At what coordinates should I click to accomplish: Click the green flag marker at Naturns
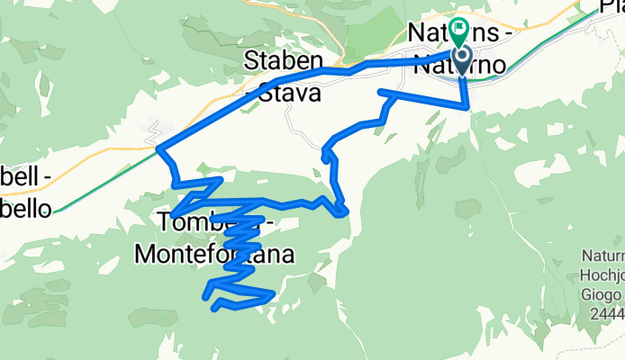(x=460, y=31)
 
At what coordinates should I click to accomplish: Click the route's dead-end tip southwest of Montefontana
(x=214, y=309)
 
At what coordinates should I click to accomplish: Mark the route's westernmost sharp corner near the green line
(x=159, y=147)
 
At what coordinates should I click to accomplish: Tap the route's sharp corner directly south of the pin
(x=468, y=106)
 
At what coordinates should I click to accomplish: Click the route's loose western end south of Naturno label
(x=382, y=92)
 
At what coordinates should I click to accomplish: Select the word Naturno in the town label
(x=457, y=65)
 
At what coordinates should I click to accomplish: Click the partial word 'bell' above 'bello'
(x=20, y=178)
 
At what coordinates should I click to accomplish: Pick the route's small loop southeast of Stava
(x=325, y=157)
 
